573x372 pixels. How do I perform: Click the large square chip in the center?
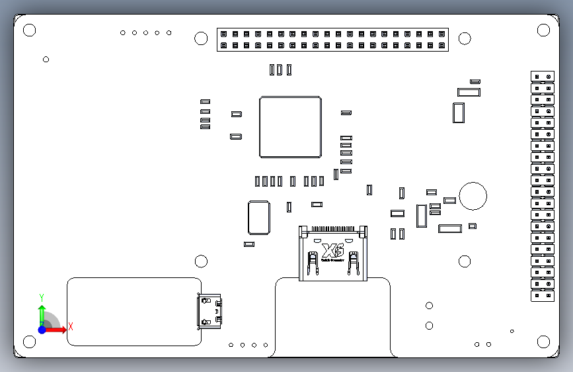point(291,127)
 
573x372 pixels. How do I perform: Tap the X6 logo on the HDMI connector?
point(332,251)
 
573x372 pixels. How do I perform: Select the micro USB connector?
point(210,310)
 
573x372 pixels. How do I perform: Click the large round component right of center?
point(473,196)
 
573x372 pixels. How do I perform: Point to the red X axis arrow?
point(57,329)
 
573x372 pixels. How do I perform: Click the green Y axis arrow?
point(42,314)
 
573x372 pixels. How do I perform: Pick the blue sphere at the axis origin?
point(42,329)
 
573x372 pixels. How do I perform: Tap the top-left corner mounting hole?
point(29,30)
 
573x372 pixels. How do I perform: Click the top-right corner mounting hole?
point(543,30)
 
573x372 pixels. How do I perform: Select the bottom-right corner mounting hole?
point(543,342)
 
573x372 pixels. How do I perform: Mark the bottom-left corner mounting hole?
point(29,342)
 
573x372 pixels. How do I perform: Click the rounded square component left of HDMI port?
point(258,218)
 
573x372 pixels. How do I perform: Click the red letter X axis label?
point(70,326)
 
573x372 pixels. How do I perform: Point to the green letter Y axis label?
point(42,297)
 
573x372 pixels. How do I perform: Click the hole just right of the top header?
point(465,38)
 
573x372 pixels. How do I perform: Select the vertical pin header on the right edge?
point(543,186)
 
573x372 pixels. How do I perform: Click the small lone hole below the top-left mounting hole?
point(46,60)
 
